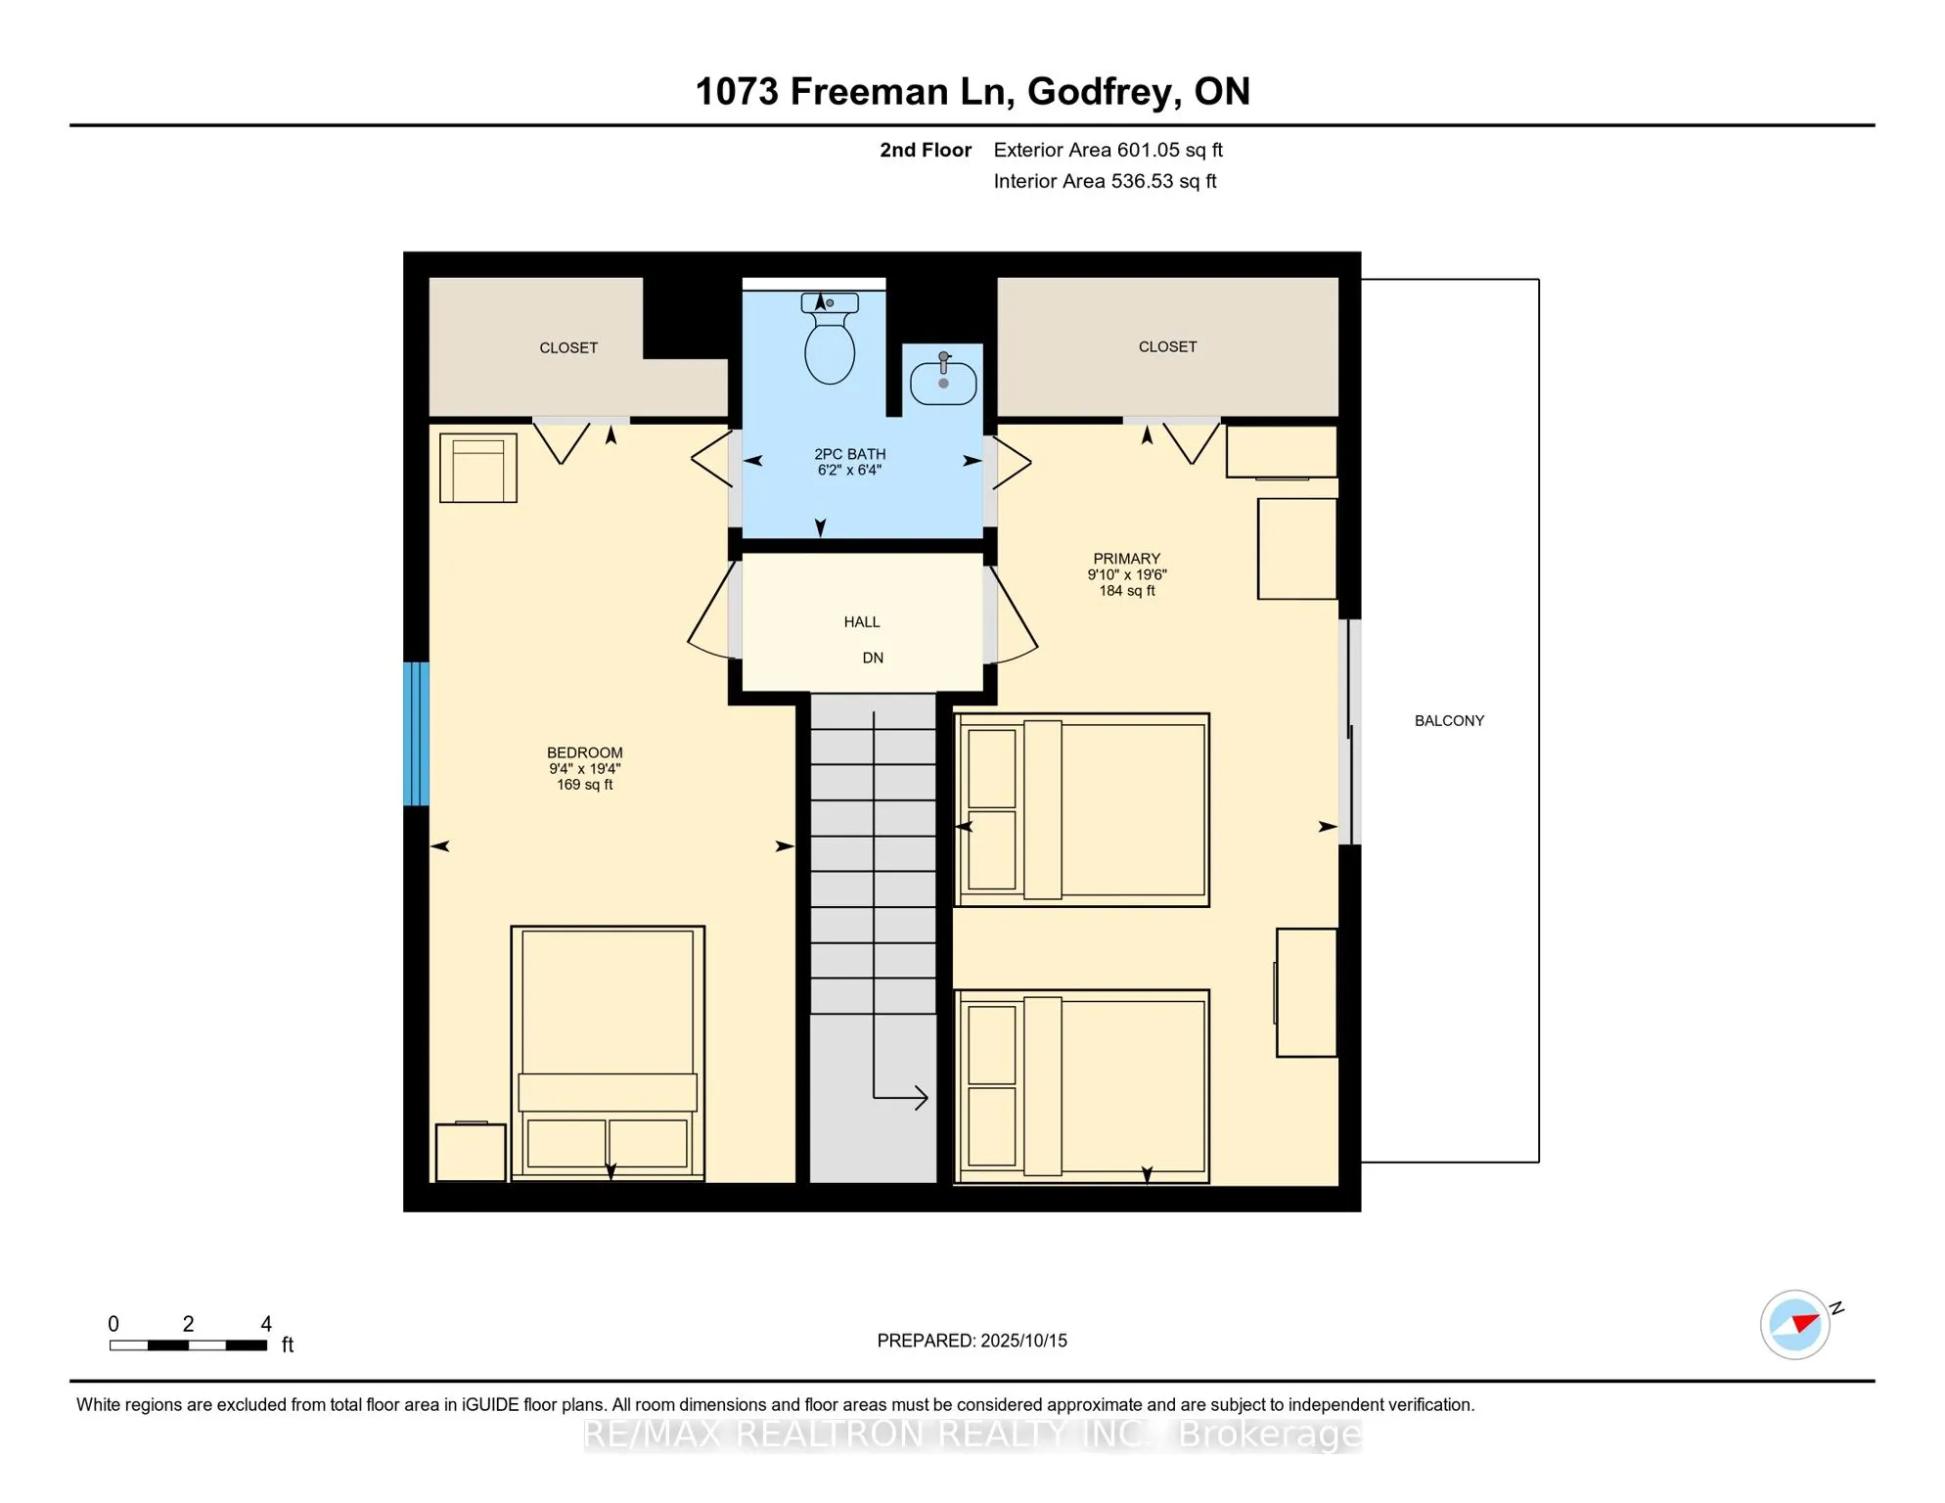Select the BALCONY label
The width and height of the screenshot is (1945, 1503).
pos(1449,721)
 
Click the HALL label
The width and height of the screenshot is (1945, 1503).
pos(862,622)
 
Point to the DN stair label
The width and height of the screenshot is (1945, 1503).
pos(873,659)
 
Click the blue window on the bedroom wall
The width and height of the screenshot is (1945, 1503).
pos(416,734)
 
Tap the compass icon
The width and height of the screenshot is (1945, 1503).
pos(1795,1325)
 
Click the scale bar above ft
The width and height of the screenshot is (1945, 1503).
pos(188,1345)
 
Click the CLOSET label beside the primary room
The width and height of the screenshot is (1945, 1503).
pos(1167,347)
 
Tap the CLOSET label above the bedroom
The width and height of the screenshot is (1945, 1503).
pos(568,348)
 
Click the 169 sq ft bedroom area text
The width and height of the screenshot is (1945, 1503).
pos(584,785)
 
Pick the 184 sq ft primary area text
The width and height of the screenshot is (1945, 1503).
pos(1126,591)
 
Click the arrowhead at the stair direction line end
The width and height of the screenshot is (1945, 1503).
pos(921,1098)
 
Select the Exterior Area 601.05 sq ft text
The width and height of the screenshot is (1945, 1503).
pos(1108,150)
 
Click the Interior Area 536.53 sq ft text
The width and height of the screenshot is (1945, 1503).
pos(1105,181)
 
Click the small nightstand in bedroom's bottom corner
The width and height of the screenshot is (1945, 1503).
pos(471,1153)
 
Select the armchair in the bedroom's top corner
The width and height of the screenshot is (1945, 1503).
pos(478,468)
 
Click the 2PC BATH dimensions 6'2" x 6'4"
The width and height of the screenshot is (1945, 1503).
pos(849,471)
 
